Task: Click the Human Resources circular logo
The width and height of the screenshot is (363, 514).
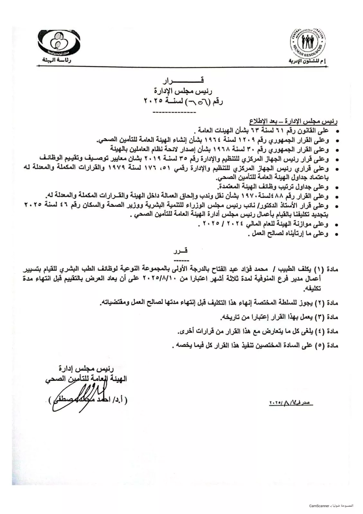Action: tap(308, 43)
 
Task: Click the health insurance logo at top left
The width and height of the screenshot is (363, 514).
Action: tap(59, 43)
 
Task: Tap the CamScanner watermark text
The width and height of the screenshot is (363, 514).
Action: tap(331, 506)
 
